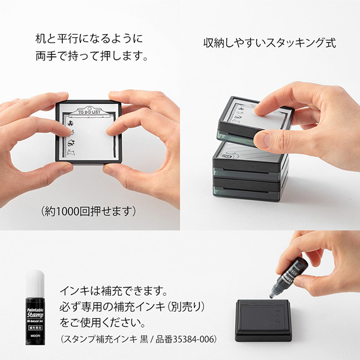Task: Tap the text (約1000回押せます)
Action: click(89, 211)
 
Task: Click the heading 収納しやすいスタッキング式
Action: click(270, 43)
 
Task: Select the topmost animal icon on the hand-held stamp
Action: click(70, 125)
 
